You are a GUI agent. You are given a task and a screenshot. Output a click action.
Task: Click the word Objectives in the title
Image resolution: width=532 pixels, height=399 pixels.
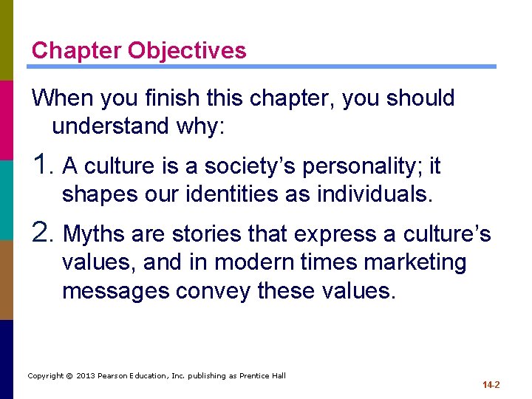coord(187,50)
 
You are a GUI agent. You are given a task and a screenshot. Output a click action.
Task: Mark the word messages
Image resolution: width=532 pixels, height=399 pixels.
coord(116,291)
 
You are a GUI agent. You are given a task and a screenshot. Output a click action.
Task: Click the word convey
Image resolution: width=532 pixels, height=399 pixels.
coord(214,291)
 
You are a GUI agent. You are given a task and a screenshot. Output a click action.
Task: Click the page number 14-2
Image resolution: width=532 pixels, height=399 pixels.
coord(491,385)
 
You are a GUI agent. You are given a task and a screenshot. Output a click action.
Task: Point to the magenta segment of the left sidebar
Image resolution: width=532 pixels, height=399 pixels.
coord(7,120)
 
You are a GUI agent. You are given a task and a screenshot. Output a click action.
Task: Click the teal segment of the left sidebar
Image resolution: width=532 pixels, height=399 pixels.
coord(7,199)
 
